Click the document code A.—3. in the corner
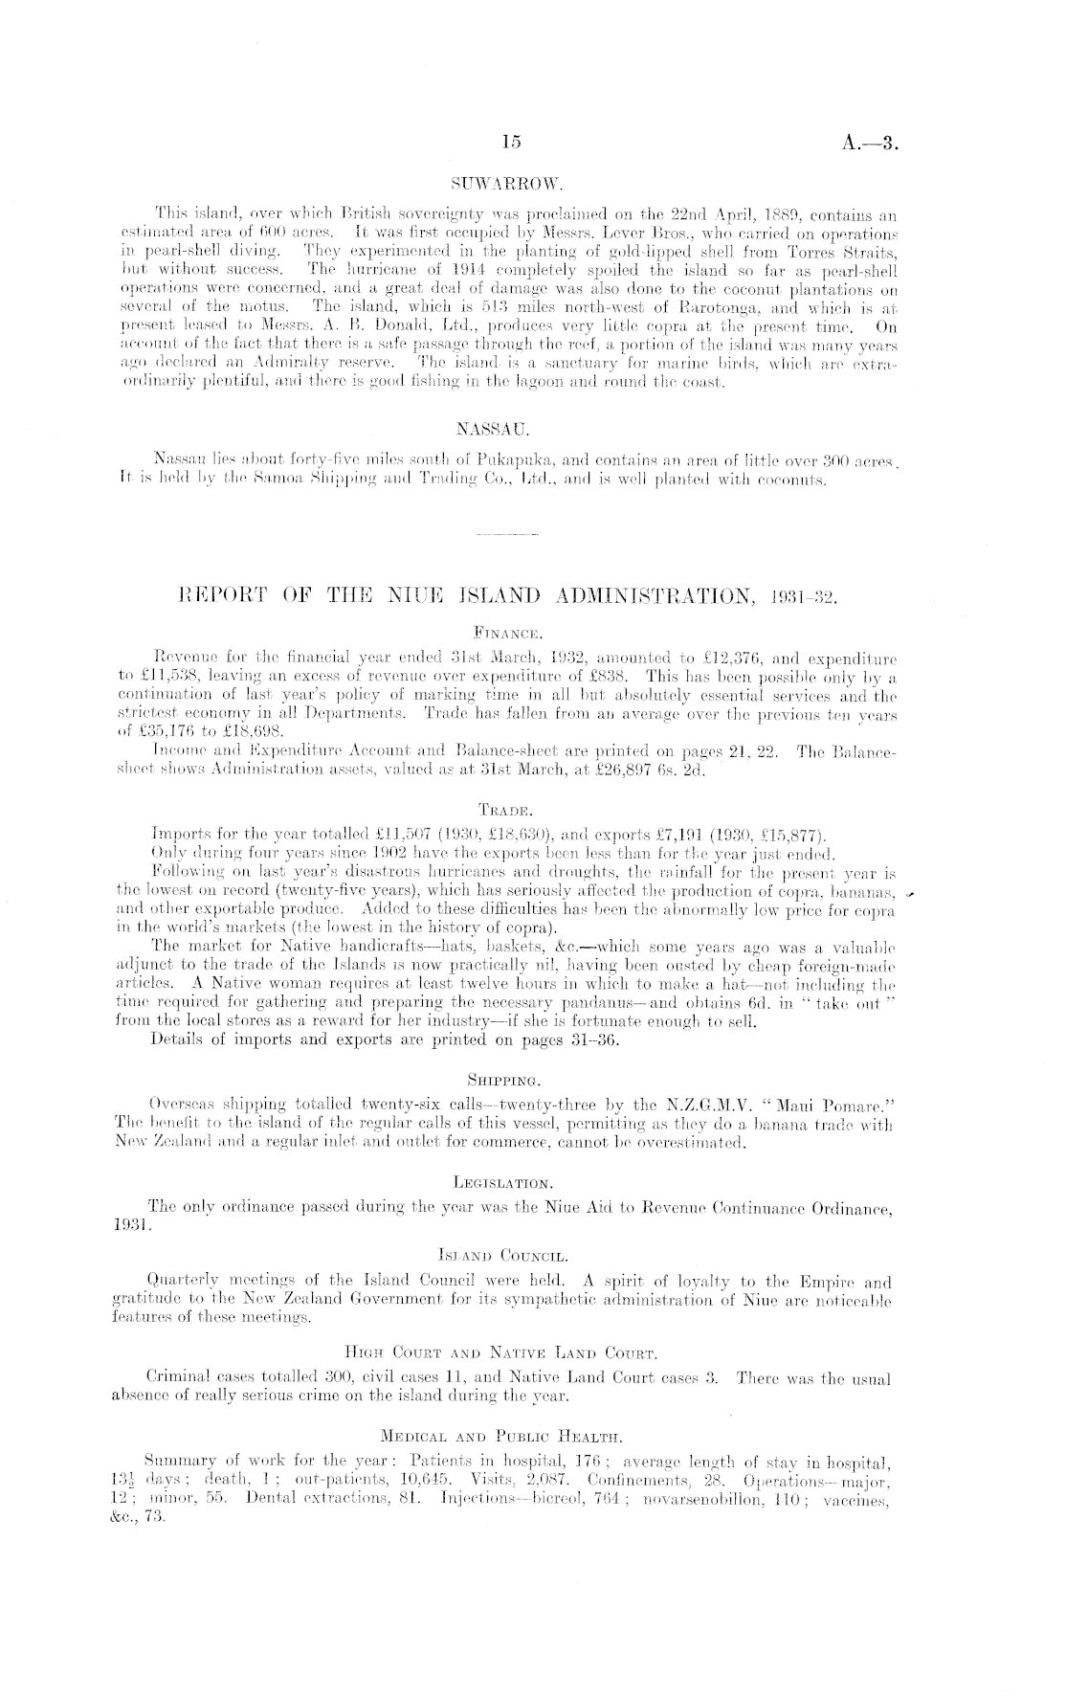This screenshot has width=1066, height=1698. coord(874,143)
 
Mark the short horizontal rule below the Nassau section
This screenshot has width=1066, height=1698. coord(507,531)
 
